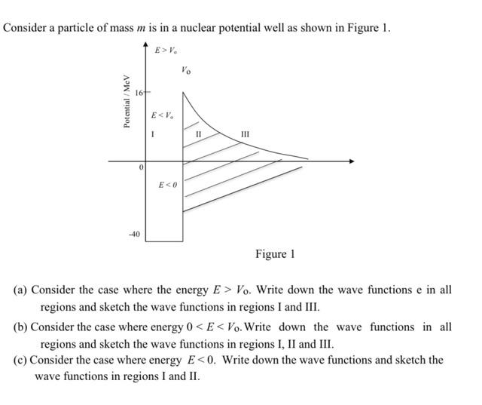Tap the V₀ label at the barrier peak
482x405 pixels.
186,71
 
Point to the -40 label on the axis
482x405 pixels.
133,235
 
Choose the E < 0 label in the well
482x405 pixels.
167,185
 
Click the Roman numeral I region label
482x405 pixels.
153,134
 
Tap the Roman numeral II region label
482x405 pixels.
198,134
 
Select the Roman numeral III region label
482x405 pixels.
244,134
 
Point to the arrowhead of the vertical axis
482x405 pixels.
145,47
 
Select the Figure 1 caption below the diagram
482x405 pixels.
275,254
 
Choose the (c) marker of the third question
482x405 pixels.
20,360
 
